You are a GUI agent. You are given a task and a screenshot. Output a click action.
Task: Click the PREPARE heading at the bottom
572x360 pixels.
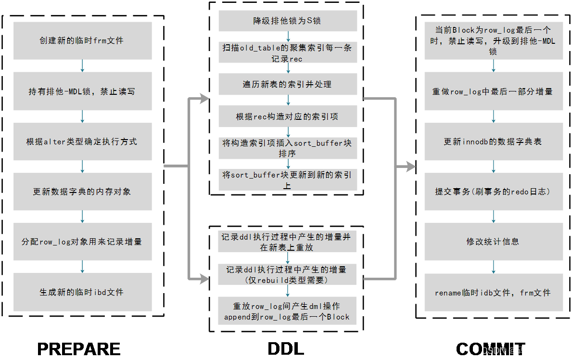point(79,349)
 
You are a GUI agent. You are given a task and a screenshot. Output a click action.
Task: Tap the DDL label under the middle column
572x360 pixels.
point(286,349)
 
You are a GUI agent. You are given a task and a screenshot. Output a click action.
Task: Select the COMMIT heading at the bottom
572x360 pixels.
point(491,349)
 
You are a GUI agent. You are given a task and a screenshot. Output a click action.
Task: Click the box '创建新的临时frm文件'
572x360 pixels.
point(82,40)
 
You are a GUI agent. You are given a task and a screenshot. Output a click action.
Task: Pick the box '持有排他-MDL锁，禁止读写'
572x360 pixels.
point(82,91)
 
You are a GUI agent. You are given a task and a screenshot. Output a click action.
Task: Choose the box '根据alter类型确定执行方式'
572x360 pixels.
point(82,141)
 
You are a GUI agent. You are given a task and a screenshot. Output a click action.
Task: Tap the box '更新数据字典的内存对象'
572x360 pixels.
point(82,192)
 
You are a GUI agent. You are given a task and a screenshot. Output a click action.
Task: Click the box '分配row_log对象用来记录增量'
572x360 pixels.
point(82,241)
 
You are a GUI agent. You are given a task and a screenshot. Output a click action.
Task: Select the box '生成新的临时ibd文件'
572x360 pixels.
point(82,292)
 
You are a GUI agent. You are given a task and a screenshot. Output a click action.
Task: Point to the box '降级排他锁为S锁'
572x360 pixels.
point(288,20)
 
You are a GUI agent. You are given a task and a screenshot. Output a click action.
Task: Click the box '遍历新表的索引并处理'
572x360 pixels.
point(288,84)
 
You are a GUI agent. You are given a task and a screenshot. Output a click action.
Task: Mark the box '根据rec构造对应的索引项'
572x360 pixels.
point(288,116)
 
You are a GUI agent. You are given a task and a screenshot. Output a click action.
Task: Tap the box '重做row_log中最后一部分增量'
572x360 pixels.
point(494,91)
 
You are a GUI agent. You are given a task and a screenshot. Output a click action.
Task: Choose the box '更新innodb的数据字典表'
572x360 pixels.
point(494,141)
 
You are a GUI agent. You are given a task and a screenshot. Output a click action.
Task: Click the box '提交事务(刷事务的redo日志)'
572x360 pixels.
point(494,192)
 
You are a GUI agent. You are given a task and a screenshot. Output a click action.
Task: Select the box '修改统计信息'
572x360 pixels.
point(494,241)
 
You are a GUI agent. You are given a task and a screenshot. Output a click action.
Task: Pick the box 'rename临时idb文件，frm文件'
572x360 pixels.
point(494,293)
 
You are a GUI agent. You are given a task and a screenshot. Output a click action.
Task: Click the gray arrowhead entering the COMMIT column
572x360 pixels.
point(411,167)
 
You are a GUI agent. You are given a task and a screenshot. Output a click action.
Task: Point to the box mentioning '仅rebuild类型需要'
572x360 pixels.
point(287,274)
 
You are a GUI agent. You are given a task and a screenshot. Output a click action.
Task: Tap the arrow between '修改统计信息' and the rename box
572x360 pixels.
point(494,267)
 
